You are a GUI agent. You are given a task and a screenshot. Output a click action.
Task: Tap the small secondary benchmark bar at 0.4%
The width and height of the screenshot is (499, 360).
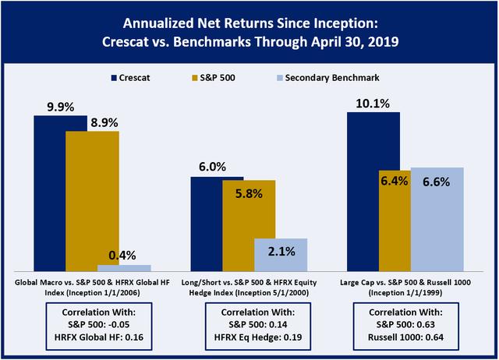(x=124, y=267)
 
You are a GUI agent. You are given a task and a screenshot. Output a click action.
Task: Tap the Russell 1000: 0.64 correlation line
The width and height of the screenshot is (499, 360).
(x=405, y=337)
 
